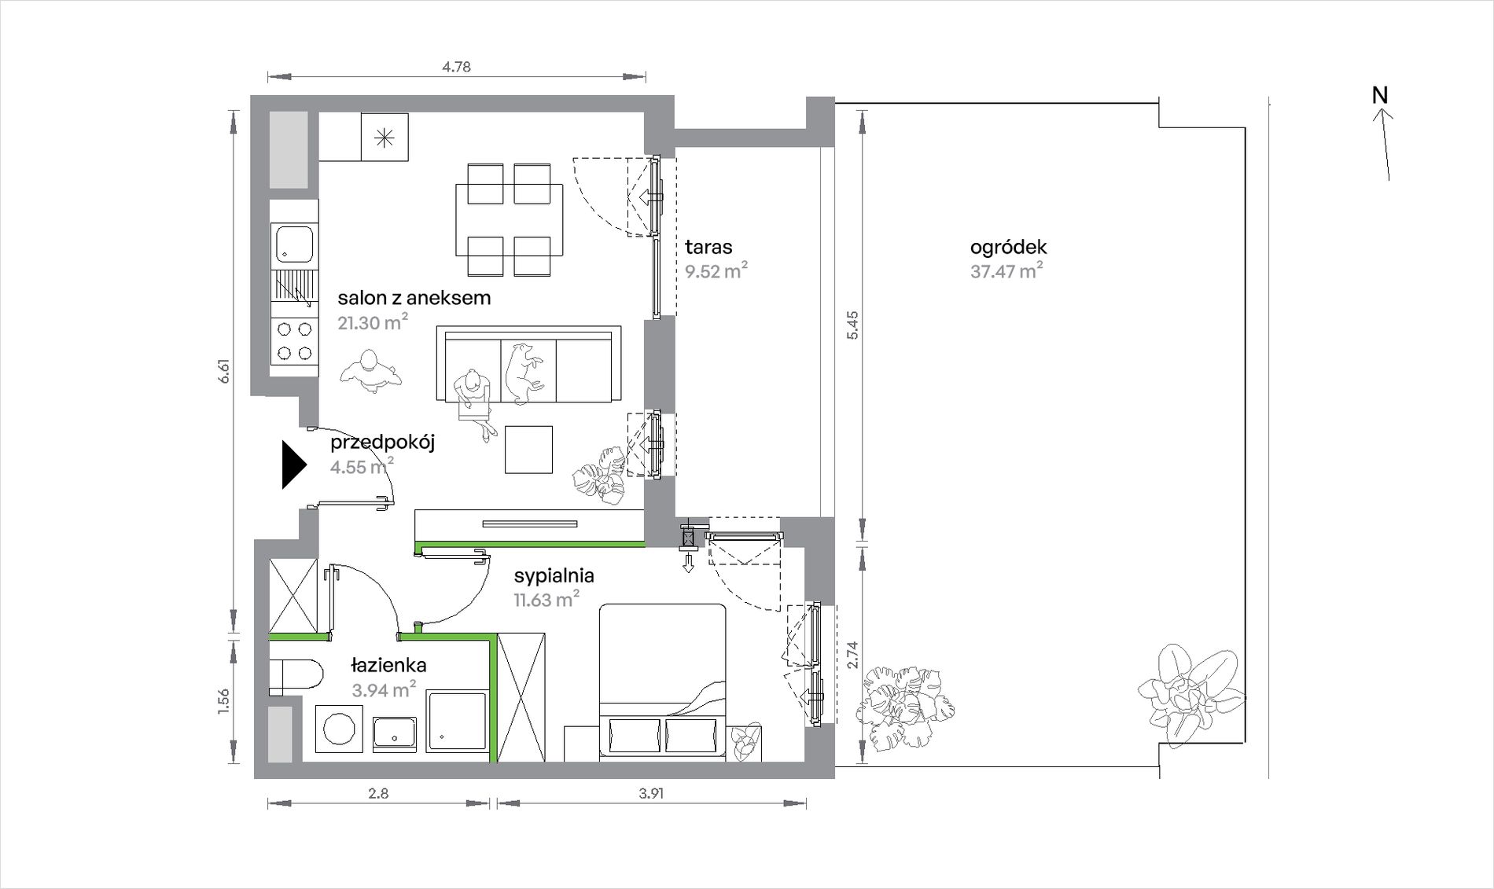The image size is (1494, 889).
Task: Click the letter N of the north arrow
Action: tap(1380, 95)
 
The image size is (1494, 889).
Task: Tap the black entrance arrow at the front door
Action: tap(294, 465)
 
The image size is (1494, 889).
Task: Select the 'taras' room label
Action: tap(708, 247)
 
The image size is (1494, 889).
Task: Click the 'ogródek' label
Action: tap(1008, 248)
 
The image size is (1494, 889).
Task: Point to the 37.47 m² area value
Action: tap(1006, 271)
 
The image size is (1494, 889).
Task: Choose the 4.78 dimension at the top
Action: tap(456, 67)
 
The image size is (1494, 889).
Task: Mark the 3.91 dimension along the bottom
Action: tap(651, 794)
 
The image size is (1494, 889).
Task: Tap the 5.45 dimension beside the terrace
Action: tap(853, 325)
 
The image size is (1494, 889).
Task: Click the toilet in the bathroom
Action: tap(296, 677)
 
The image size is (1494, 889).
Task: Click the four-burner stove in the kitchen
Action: tap(294, 341)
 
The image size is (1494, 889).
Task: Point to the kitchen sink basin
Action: tap(293, 243)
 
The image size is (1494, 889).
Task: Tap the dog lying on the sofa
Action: tap(521, 373)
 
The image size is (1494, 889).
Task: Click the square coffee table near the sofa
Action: tap(528, 450)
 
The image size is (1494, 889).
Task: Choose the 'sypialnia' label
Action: tap(554, 576)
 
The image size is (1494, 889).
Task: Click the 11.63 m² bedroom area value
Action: tap(546, 600)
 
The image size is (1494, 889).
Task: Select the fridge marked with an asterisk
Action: tap(385, 137)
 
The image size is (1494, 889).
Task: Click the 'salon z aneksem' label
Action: tap(414, 298)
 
